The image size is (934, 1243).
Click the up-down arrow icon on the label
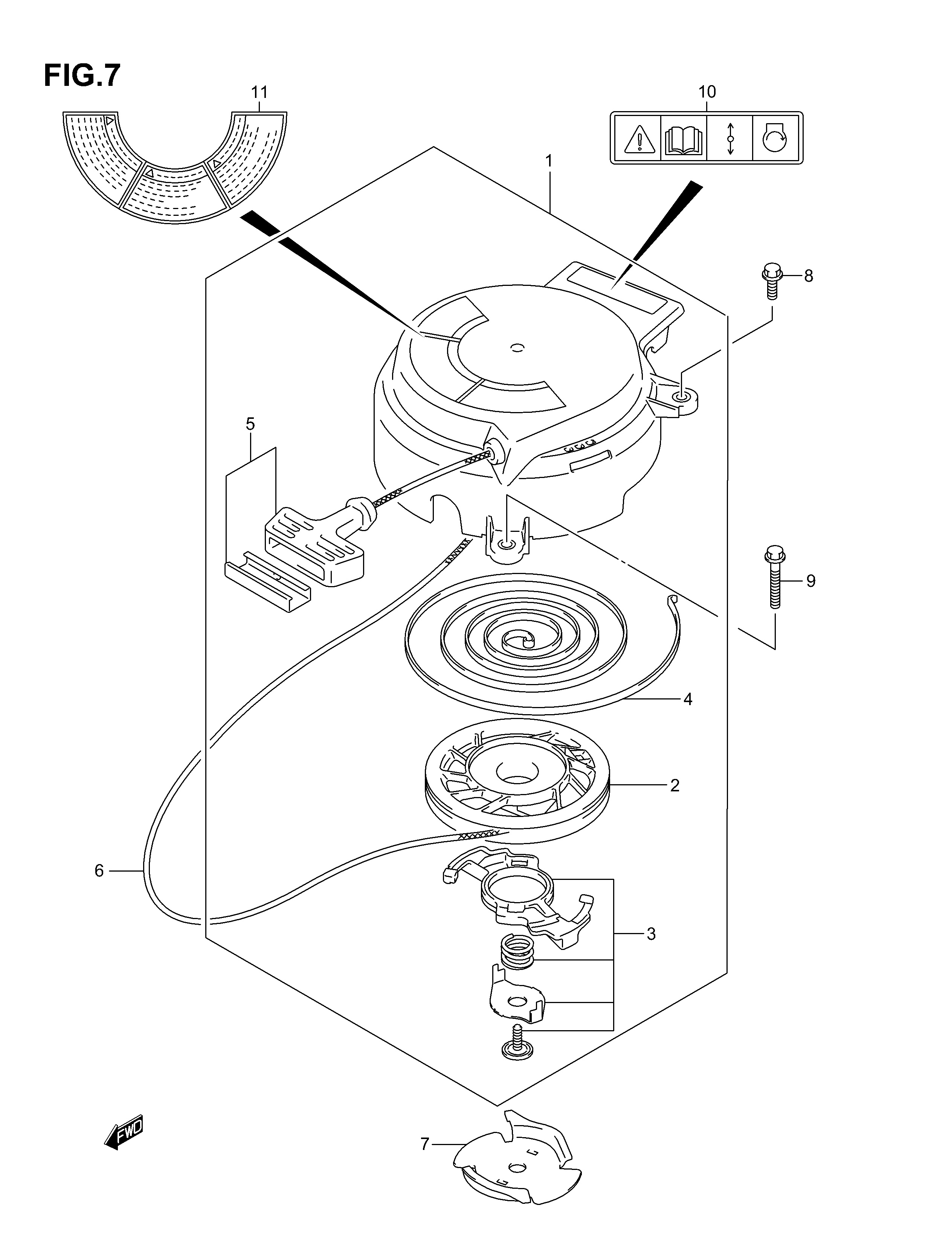(730, 138)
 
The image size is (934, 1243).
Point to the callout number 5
(250, 424)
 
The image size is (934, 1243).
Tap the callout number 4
(687, 699)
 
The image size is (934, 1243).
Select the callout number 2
(675, 785)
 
